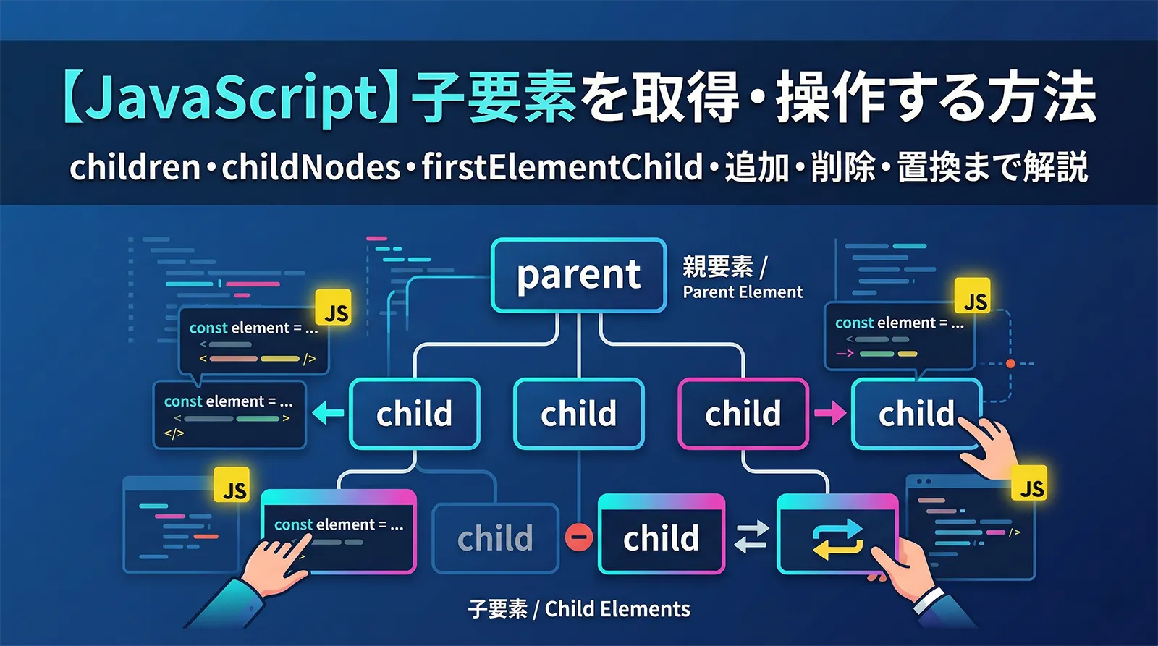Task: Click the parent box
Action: point(578,275)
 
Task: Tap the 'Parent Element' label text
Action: point(743,292)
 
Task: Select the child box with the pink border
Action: point(743,414)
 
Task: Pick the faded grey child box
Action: point(495,538)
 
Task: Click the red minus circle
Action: point(578,537)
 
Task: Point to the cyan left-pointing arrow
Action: point(329,414)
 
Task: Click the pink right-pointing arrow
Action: point(829,413)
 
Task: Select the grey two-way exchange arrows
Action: point(751,537)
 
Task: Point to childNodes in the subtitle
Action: point(310,167)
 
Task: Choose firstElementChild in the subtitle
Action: point(562,167)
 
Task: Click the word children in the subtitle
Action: point(135,167)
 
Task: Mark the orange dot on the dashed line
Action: point(1010,363)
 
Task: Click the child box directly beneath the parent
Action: point(578,414)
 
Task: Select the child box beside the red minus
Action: point(661,538)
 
